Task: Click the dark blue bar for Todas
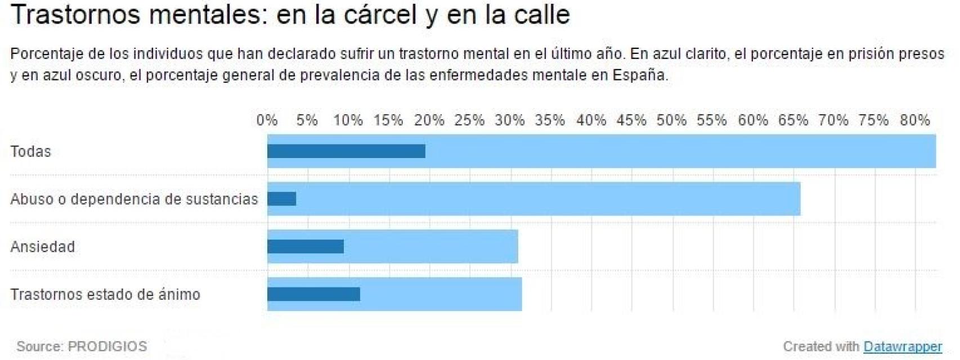click(346, 151)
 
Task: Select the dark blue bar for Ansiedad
click(306, 246)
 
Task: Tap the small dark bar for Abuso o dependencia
click(282, 199)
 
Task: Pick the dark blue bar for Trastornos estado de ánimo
click(313, 294)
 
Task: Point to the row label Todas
click(31, 151)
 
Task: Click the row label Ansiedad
click(43, 246)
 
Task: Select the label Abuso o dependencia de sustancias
click(134, 199)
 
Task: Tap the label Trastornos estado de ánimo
click(105, 294)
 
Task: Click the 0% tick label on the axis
click(267, 120)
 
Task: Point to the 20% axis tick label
click(429, 120)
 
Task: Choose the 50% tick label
click(672, 120)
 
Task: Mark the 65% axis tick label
click(793, 120)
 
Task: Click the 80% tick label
click(914, 120)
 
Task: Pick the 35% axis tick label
click(550, 120)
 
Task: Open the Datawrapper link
click(903, 346)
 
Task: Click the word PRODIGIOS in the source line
click(107, 346)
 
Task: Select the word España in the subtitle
click(639, 75)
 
